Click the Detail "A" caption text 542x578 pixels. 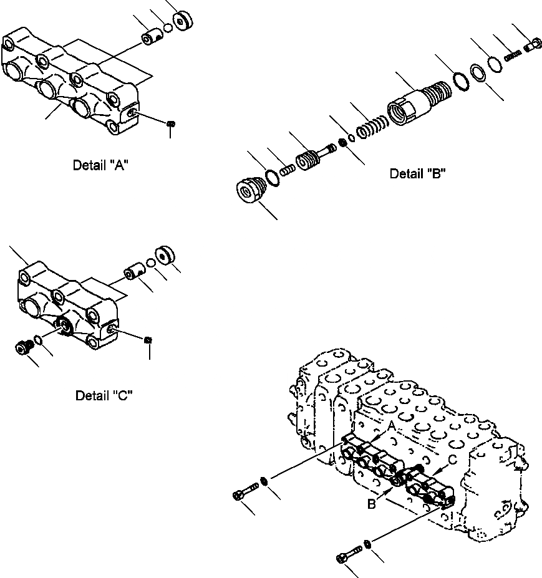(101, 165)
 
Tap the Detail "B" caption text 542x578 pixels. (417, 174)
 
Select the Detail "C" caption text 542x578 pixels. (104, 395)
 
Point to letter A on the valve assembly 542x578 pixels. (392, 425)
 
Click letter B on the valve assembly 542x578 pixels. (372, 504)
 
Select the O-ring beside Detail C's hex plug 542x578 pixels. (38, 340)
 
